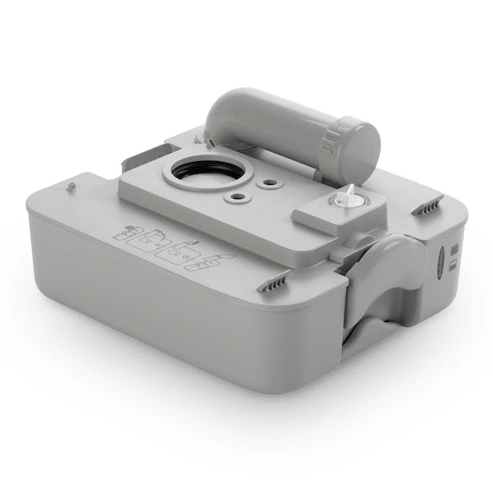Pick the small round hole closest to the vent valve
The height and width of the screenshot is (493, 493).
coord(265,185)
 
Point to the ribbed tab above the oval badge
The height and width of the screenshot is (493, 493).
coord(427,206)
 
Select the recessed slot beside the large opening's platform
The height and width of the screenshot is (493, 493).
coord(148,154)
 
